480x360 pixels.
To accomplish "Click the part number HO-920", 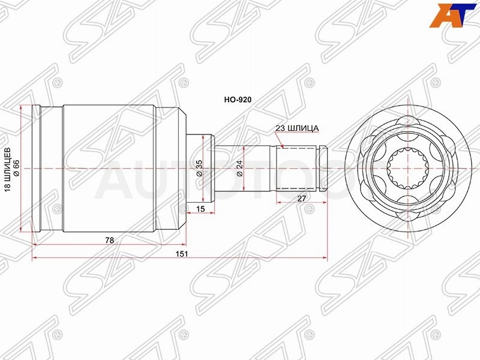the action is coord(238,100).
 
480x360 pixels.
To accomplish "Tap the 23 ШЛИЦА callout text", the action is coord(297,128).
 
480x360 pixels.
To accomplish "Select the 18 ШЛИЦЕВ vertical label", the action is coord(8,170).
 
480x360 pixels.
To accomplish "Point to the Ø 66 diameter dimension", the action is coord(16,168).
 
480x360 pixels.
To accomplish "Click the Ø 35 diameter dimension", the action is coord(200,168).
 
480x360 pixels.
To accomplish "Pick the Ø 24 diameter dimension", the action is coord(239,168).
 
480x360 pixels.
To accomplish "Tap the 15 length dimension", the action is coord(200,209).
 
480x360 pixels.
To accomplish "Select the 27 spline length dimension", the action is coord(302,199).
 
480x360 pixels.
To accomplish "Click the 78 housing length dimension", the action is coord(109,241).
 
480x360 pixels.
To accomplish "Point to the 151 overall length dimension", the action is coord(181,254).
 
